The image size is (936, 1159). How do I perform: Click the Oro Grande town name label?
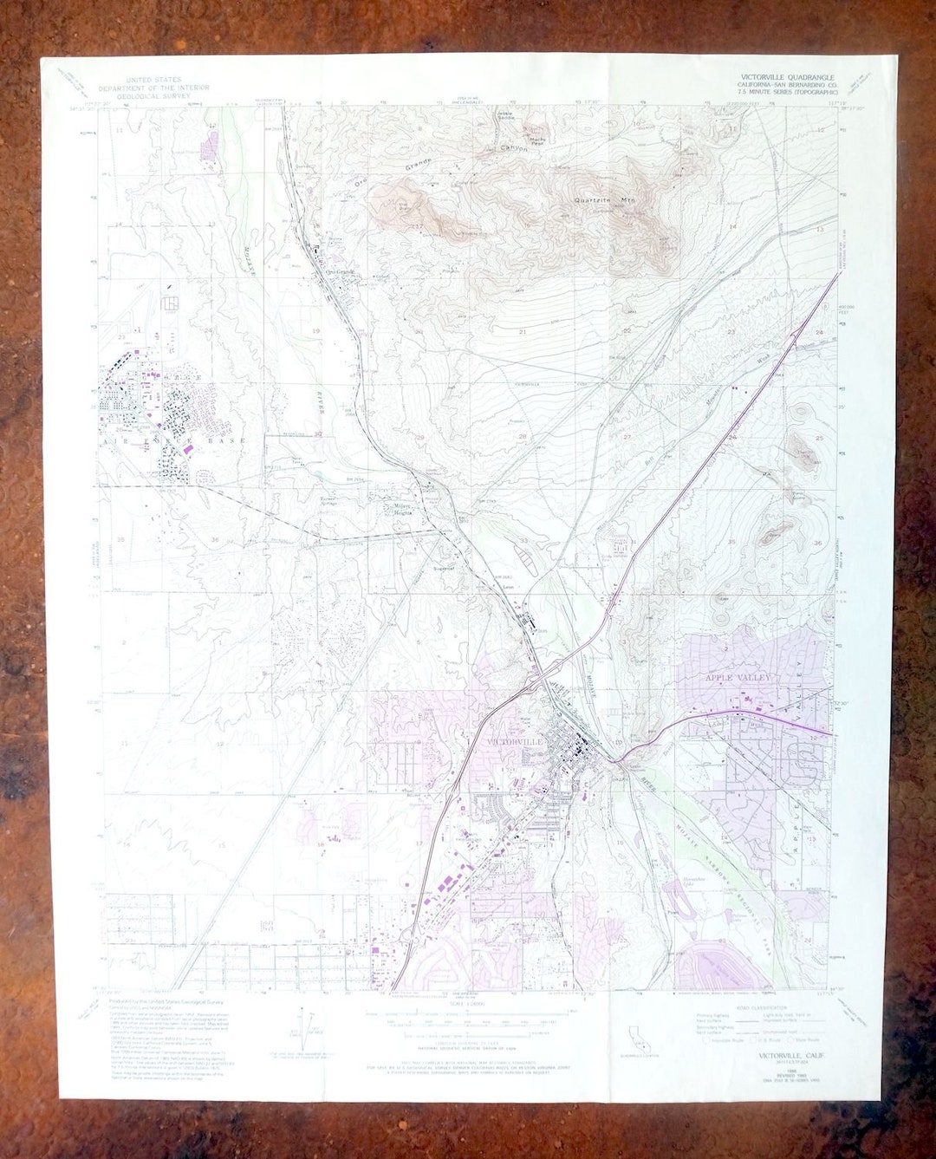pos(340,272)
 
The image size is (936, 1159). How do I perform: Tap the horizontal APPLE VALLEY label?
pos(737,677)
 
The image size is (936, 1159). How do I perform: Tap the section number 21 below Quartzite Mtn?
pos(523,332)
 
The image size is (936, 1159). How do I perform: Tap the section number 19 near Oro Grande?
pos(315,331)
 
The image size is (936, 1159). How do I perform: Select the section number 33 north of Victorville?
pos(523,540)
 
